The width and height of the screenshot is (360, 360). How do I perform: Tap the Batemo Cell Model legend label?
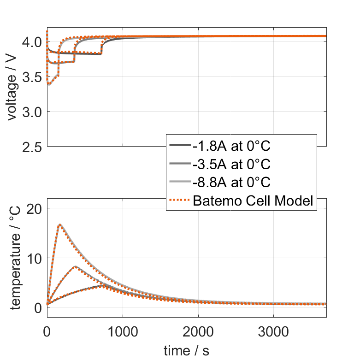click(x=254, y=201)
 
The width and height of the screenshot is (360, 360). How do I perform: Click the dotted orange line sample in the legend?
click(x=180, y=201)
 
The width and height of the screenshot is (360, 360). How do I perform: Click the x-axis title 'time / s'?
click(x=186, y=351)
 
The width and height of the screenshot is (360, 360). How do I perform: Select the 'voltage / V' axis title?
click(x=12, y=88)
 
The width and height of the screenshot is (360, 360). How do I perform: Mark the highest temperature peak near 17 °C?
click(x=59, y=224)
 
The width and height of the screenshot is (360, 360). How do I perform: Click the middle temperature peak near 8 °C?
click(x=75, y=266)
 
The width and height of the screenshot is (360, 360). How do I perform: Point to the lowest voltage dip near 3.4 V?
click(x=49, y=84)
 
